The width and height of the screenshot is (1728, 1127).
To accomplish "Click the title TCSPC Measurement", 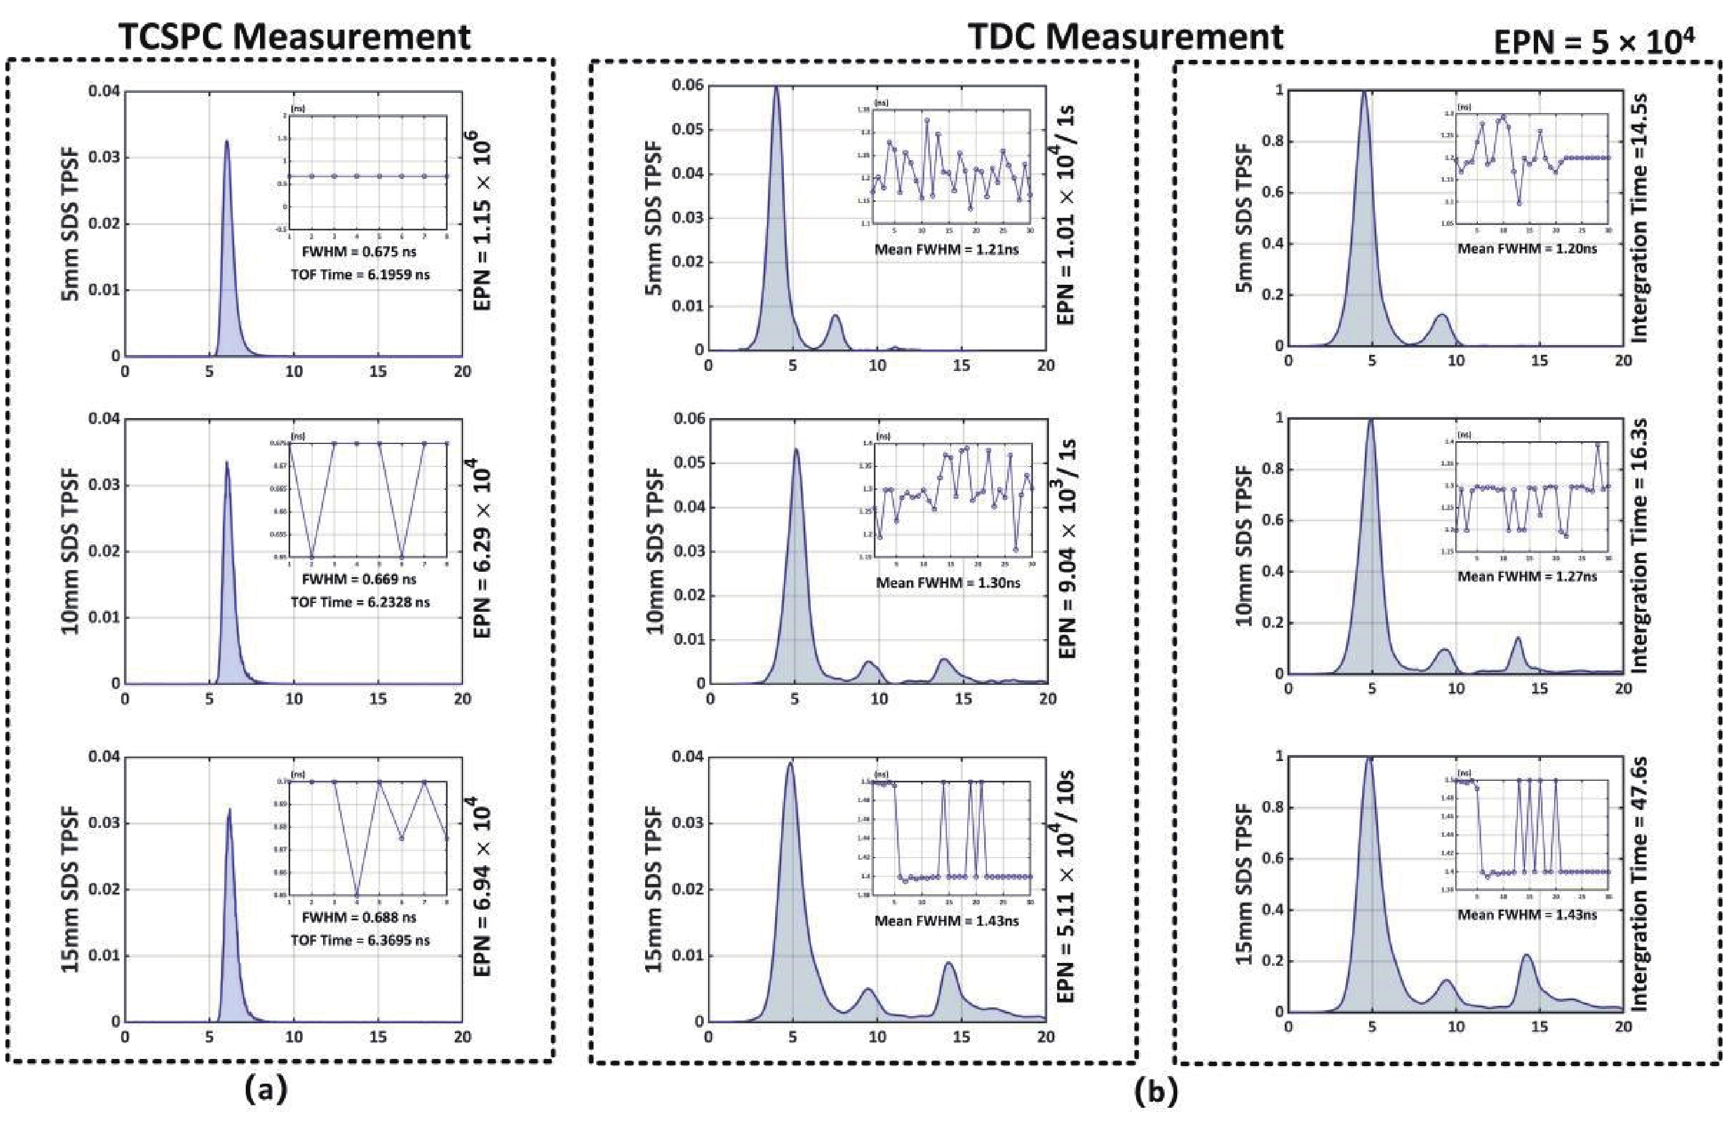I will [295, 37].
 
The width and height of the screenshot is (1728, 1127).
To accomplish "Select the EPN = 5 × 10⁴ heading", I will [1594, 43].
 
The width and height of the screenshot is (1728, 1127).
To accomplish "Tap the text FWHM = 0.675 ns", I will [359, 252].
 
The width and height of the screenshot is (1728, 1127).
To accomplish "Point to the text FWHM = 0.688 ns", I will [359, 917].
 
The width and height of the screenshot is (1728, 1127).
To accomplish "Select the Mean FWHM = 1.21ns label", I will [946, 249].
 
